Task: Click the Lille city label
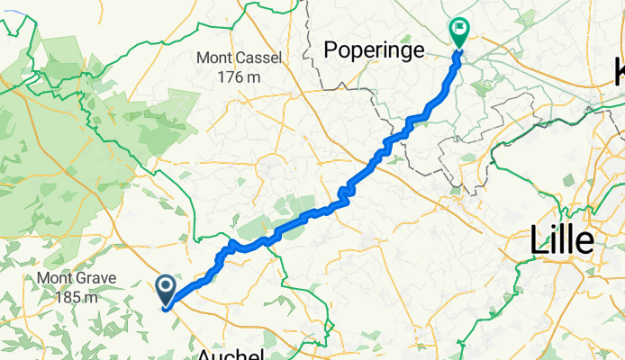coord(561,240)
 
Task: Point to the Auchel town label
coord(233,354)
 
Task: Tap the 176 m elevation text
coord(240,77)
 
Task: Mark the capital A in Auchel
coord(204,354)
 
